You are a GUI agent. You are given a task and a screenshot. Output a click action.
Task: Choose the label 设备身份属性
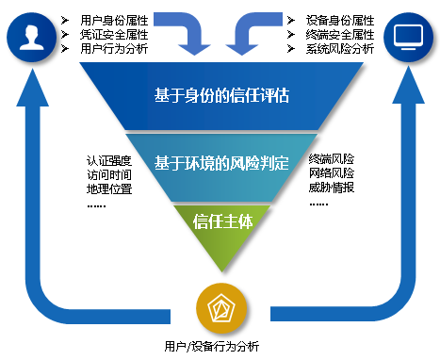point(340,19)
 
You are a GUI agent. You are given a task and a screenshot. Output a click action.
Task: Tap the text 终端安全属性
point(340,34)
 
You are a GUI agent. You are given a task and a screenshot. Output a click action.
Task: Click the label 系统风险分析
point(340,48)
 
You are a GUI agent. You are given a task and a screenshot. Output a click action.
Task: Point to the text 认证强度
point(108,160)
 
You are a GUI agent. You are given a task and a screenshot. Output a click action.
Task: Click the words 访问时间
point(108,174)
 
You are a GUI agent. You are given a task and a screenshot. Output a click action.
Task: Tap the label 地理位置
point(108,188)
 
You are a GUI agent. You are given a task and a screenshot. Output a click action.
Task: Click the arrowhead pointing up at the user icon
point(32,87)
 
